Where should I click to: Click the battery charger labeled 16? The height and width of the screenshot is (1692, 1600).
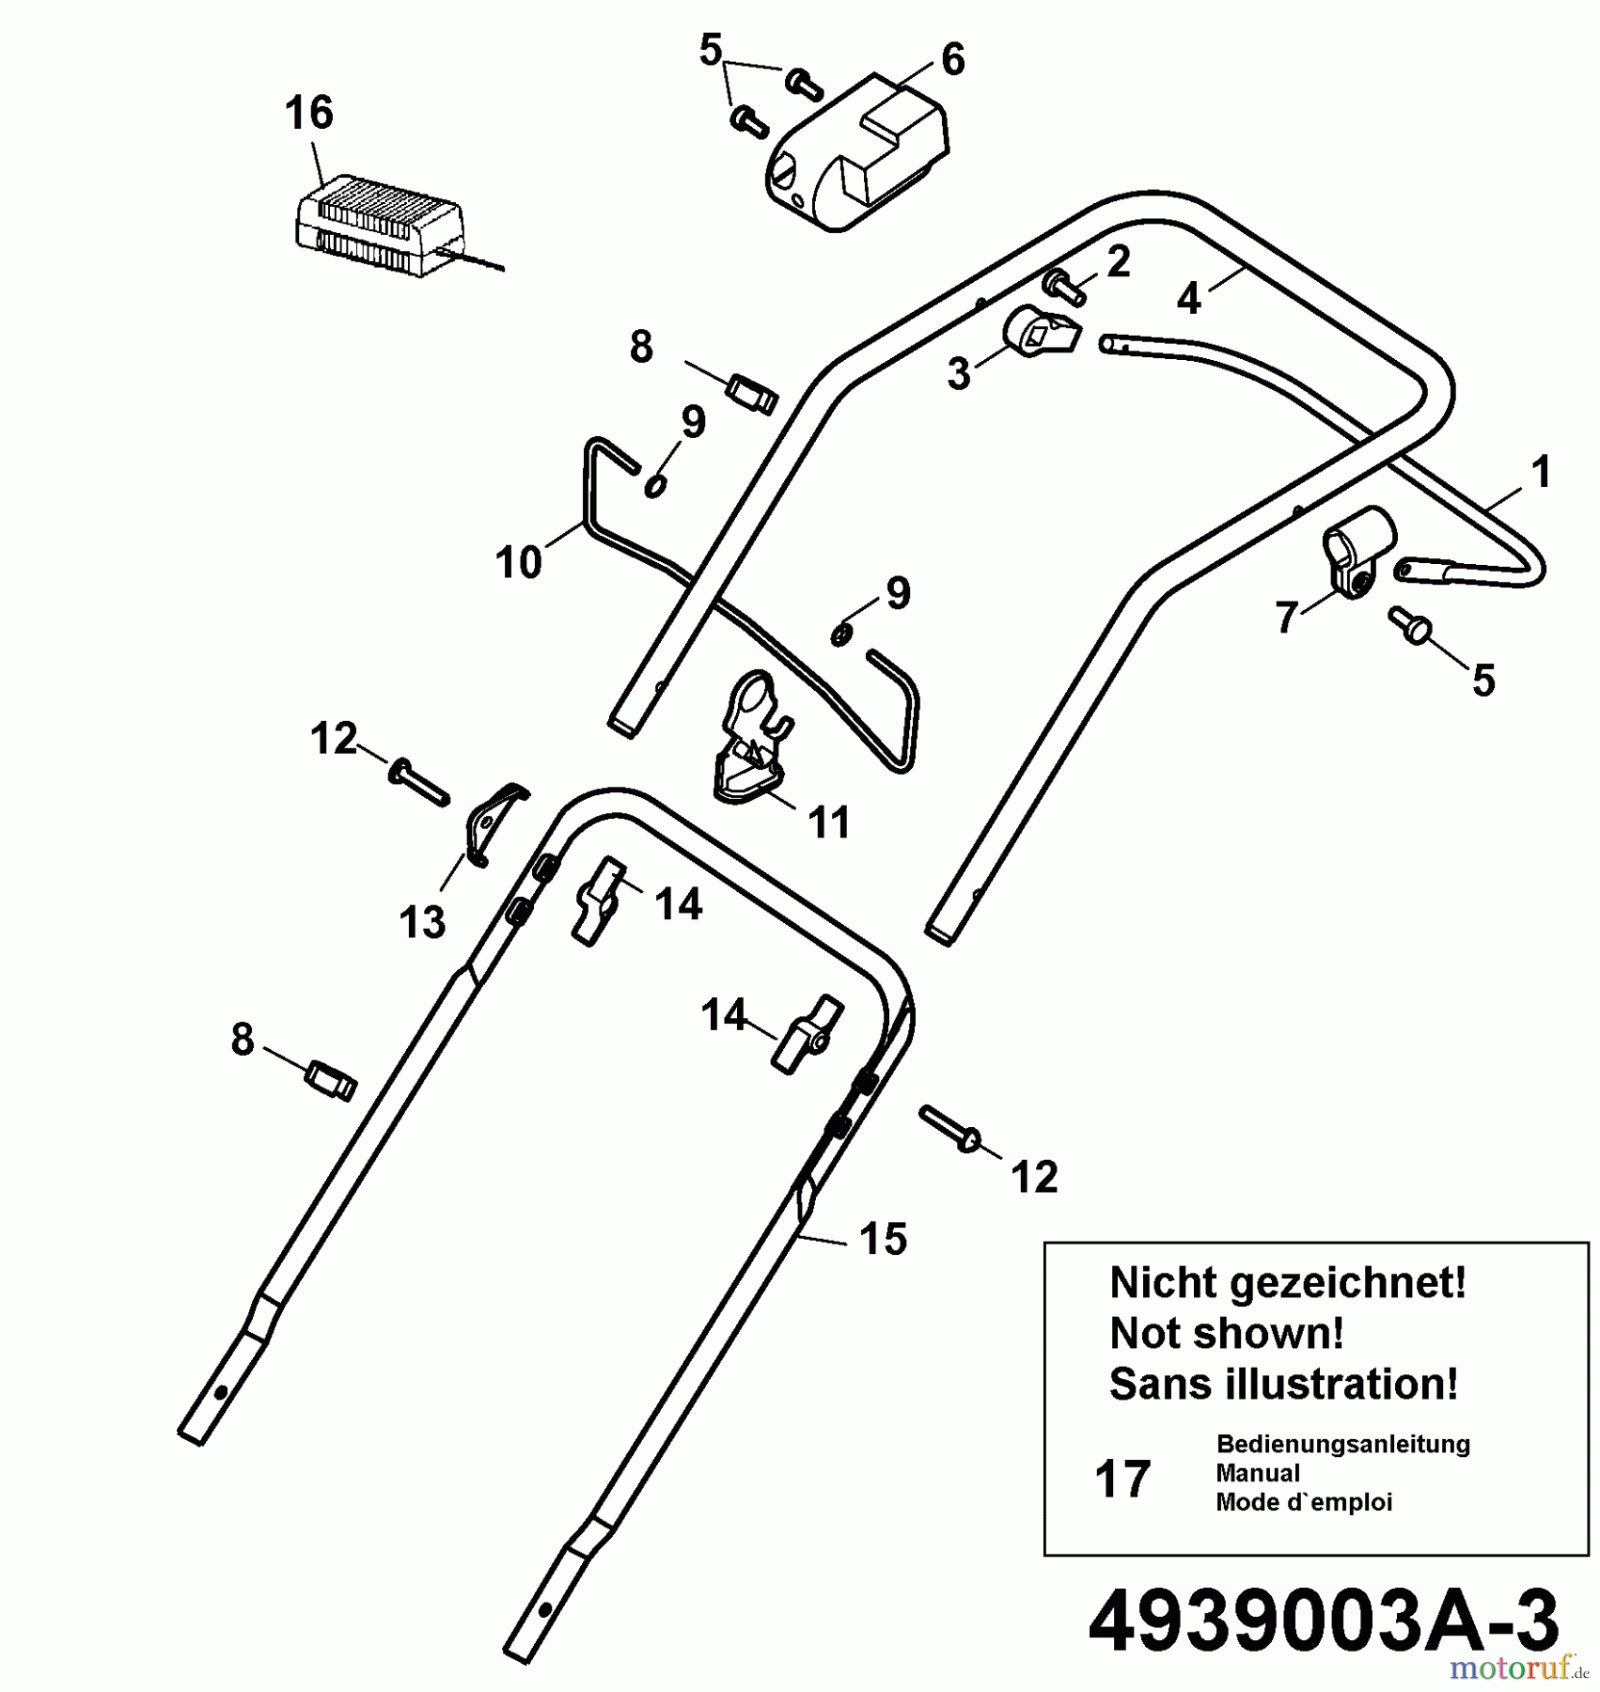tap(381, 227)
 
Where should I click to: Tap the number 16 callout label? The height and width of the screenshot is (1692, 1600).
tap(309, 113)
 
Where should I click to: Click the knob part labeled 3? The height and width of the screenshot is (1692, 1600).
tap(1041, 332)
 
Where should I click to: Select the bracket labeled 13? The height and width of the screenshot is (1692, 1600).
tap(494, 822)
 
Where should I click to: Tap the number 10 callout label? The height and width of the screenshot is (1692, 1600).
tap(519, 562)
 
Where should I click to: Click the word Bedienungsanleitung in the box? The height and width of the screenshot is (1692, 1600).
tap(1343, 1444)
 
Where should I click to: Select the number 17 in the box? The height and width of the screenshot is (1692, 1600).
tap(1122, 1479)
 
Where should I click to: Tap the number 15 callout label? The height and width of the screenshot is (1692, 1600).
tap(884, 1239)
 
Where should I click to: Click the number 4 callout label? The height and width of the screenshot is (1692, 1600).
tap(1189, 299)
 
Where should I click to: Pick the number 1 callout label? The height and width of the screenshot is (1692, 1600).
tap(1541, 472)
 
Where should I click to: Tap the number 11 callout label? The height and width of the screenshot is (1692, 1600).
tap(829, 822)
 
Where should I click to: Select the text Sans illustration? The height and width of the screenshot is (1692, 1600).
tap(1284, 1385)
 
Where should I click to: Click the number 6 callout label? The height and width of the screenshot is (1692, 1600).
tap(952, 60)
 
